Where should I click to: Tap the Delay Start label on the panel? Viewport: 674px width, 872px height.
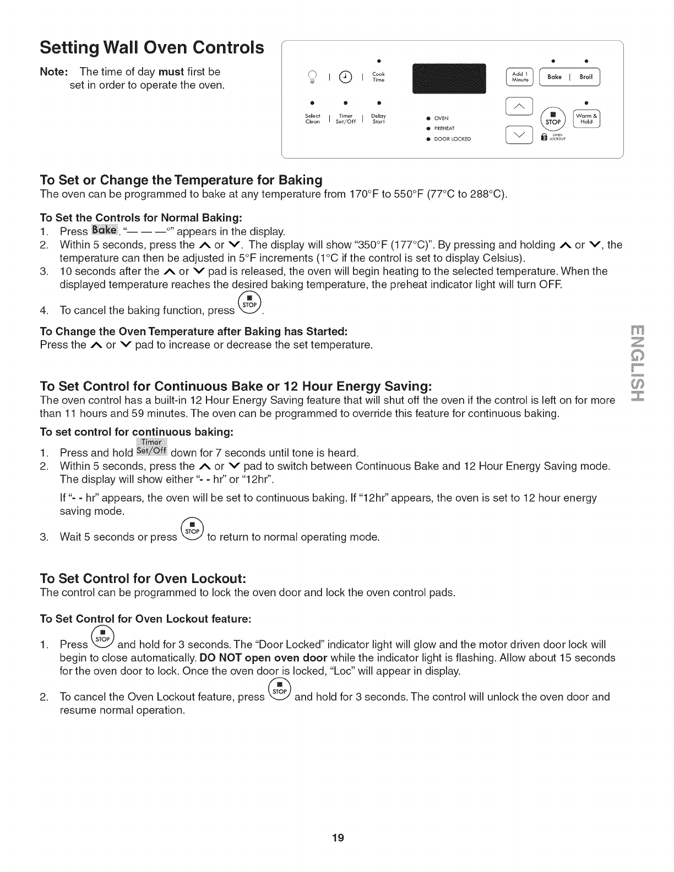(x=378, y=118)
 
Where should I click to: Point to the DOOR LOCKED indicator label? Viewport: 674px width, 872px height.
(x=452, y=139)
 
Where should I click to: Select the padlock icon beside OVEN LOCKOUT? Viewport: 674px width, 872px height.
(x=544, y=138)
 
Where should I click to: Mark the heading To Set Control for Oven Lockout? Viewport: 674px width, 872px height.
(x=143, y=579)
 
